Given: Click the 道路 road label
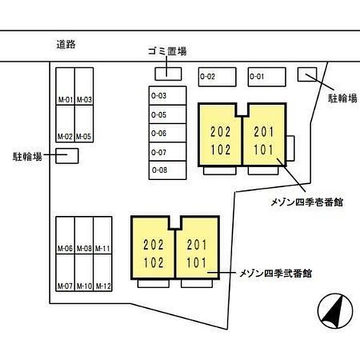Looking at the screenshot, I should pos(66,44).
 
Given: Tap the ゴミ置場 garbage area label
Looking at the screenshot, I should pos(166,51).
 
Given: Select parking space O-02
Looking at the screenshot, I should pos(217,77).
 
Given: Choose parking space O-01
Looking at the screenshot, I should pos(266,77).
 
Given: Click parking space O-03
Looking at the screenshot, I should pos(167,96).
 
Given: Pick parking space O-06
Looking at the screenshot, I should pos(167,133).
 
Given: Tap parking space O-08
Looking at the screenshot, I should pos(167,170).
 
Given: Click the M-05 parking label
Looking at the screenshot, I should pos(84,137).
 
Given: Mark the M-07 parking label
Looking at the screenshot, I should pos(65,286).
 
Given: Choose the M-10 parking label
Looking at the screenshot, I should pos(84,286).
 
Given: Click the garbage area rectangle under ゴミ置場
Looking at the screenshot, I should pos(169,73).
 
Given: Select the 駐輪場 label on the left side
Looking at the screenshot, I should pos(27,155).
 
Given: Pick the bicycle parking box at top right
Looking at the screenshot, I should pos(308,75).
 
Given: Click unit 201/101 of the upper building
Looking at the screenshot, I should pos(264,140).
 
